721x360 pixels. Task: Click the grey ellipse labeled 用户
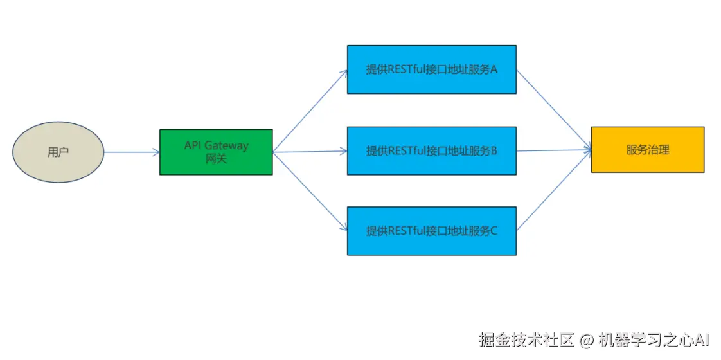tap(58, 152)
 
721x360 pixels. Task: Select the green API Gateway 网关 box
tap(216, 152)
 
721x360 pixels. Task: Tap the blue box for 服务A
tap(431, 69)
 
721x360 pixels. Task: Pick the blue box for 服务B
tap(431, 151)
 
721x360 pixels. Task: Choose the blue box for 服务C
tap(431, 231)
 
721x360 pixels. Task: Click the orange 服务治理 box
tap(647, 150)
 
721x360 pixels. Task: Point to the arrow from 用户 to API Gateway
tap(132, 152)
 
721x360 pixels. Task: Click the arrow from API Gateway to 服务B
tap(310, 152)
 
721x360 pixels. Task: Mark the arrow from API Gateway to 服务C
tap(310, 191)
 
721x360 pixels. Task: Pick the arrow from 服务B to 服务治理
tap(553, 150)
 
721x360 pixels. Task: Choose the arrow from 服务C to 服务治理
tap(553, 191)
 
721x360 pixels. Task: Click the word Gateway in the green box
tap(226, 146)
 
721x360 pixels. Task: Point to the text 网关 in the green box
tap(216, 158)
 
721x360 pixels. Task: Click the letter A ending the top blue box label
tap(494, 69)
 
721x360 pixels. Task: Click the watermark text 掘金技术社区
tap(526, 339)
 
